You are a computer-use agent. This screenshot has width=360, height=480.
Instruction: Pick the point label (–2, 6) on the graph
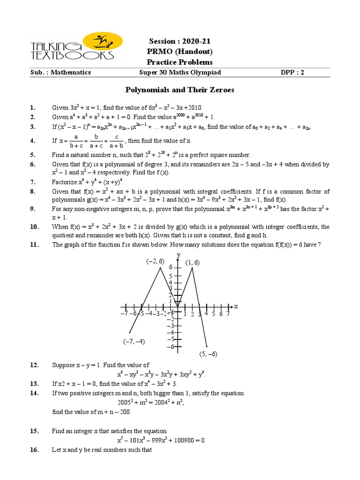(x=154, y=262)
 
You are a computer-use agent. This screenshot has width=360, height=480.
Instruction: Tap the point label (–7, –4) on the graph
(x=134, y=341)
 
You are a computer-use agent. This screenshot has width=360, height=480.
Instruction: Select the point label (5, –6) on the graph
(x=208, y=354)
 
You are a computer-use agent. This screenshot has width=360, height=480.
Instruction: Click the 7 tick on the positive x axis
(x=228, y=314)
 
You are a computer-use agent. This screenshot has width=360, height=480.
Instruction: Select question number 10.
(x=34, y=227)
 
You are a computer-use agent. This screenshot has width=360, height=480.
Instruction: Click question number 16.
(x=34, y=450)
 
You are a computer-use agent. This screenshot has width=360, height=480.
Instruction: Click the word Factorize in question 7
(x=65, y=182)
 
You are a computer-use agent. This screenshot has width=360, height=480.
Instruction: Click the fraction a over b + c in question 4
(x=69, y=141)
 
